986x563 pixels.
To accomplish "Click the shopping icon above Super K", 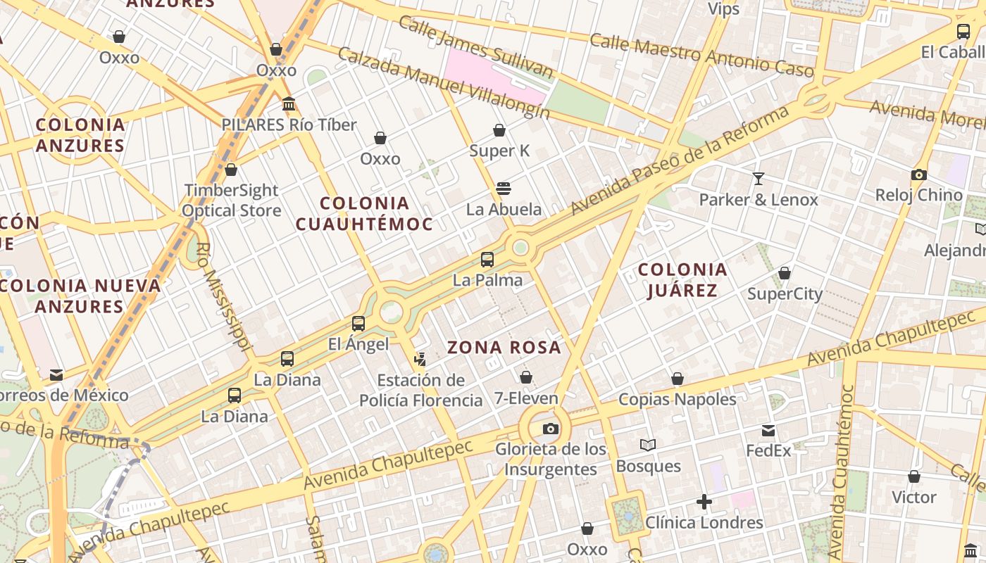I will (x=499, y=130).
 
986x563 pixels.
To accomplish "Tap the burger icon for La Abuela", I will (x=503, y=189).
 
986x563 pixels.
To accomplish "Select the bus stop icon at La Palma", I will (x=487, y=260).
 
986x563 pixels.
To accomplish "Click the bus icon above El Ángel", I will (x=358, y=324).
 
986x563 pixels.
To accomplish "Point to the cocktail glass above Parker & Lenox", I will (x=759, y=179).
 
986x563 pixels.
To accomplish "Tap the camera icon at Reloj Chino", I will (x=918, y=175).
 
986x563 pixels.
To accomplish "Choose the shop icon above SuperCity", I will (x=785, y=273).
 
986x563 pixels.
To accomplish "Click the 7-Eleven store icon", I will (x=525, y=378).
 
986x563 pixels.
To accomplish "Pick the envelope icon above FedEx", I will (x=768, y=430).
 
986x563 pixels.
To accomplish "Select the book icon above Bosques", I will (x=648, y=445).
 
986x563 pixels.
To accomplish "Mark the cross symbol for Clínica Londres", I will (x=704, y=502).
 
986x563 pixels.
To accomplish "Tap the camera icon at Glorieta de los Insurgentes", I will (x=551, y=429).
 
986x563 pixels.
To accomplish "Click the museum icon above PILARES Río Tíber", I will (x=289, y=104).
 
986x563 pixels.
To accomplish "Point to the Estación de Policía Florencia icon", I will (x=420, y=360).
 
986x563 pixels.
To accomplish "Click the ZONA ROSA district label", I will (x=504, y=347).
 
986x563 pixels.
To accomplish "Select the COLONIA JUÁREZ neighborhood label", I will (x=682, y=279).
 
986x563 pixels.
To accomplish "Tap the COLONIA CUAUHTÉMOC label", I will (x=363, y=213).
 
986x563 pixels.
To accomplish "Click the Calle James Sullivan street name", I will (x=476, y=46).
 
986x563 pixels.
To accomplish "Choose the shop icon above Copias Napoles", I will (x=678, y=379).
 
